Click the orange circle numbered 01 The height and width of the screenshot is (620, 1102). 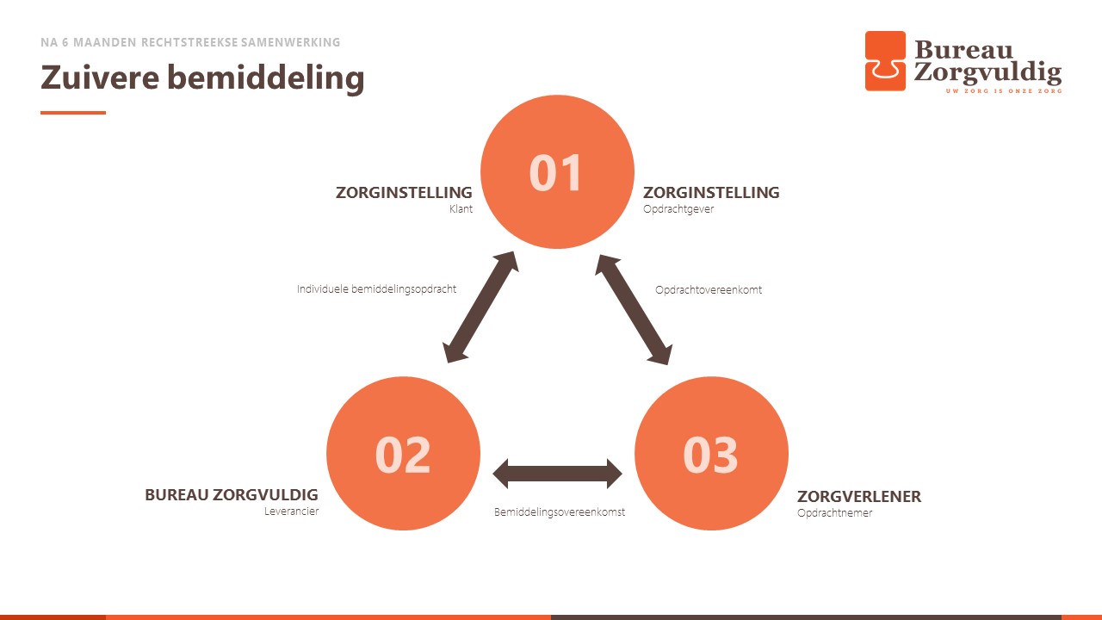pos(557,171)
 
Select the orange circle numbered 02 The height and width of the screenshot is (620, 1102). pos(403,453)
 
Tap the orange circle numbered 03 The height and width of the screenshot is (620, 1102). pos(711,453)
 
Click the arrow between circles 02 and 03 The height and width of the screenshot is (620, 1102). pos(557,474)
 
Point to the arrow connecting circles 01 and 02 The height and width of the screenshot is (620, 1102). pos(480,307)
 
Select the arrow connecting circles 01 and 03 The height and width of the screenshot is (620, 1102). pos(634,309)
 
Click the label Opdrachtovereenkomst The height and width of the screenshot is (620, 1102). pos(709,290)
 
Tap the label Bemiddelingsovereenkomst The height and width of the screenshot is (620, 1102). pos(560,512)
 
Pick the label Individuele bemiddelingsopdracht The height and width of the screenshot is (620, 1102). pos(376,288)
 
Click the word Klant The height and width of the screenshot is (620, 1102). pos(461,208)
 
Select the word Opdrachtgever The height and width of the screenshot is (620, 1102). pos(678,208)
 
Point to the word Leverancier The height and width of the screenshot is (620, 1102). pos(291,512)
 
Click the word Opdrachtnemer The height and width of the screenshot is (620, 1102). pos(834,512)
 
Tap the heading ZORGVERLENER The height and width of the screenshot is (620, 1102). pos(859,497)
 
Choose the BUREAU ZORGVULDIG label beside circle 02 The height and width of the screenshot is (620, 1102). pos(232,494)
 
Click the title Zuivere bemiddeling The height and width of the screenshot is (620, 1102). pos(202,77)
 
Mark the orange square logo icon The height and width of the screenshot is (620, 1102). pos(885,61)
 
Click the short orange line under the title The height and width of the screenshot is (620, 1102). pos(73,113)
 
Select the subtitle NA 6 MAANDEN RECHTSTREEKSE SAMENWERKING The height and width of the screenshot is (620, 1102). pos(190,42)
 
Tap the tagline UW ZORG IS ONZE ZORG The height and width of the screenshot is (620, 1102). pos(1004,91)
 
